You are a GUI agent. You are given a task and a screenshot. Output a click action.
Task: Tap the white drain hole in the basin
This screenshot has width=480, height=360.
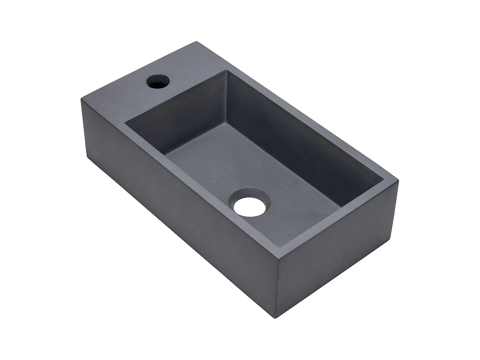pos(250,206)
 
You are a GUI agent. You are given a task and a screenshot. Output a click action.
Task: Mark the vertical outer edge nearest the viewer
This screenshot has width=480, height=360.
pos(278,278)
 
